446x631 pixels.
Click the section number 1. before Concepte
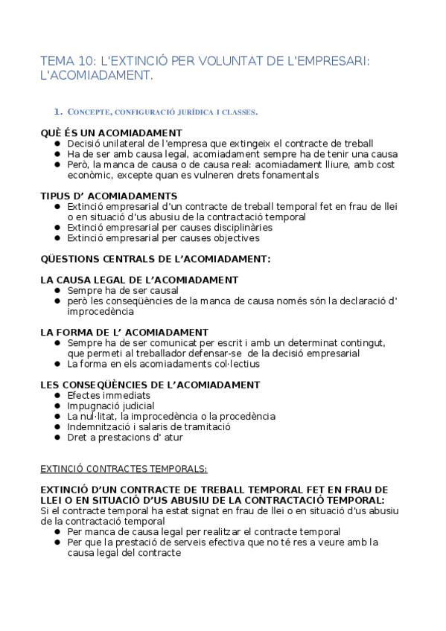[58, 112]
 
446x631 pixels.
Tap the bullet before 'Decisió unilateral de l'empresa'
[58, 144]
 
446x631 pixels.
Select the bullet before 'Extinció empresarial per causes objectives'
[58, 239]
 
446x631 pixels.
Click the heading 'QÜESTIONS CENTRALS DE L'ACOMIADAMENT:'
[156, 259]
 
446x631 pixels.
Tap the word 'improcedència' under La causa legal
[101, 312]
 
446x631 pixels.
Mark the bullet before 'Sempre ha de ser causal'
[58, 291]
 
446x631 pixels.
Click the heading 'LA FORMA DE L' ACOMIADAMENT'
[124, 332]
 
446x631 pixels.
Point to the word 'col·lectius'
[235, 365]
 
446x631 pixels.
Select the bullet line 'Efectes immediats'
[109, 396]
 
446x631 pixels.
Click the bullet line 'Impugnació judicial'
[111, 406]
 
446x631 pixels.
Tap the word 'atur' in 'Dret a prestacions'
[173, 438]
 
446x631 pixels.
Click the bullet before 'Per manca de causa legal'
[58, 532]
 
